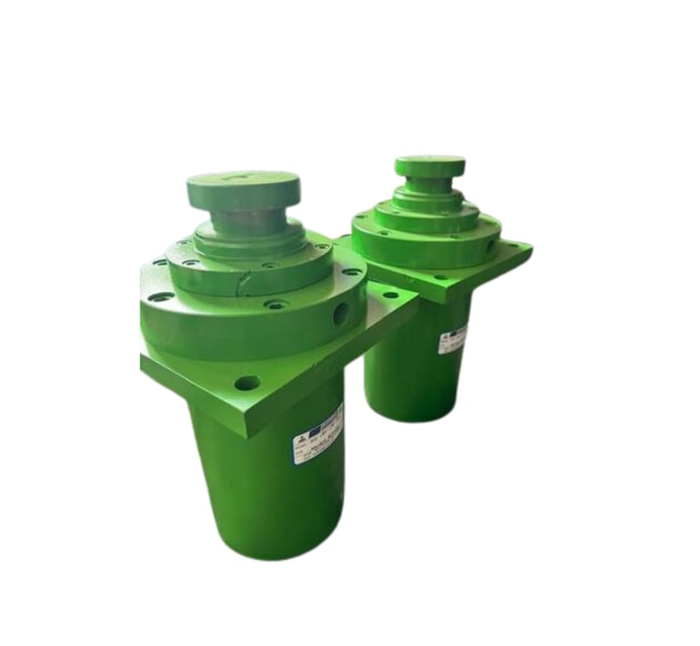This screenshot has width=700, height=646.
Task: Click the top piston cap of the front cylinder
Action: click(x=242, y=190)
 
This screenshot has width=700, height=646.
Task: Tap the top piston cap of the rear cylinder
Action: click(x=429, y=166)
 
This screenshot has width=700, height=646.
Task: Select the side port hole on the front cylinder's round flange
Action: click(x=341, y=314)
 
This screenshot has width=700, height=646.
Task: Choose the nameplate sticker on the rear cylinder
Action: click(x=453, y=339)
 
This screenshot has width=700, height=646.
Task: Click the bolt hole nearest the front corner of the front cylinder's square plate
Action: click(x=247, y=383)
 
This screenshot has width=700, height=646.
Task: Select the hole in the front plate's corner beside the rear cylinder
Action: click(x=392, y=294)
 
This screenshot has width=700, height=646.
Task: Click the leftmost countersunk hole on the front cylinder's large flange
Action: click(x=160, y=296)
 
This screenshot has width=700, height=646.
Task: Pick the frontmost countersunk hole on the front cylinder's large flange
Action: click(x=276, y=304)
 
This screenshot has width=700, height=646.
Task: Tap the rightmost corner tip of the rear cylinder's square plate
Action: click(x=531, y=244)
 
